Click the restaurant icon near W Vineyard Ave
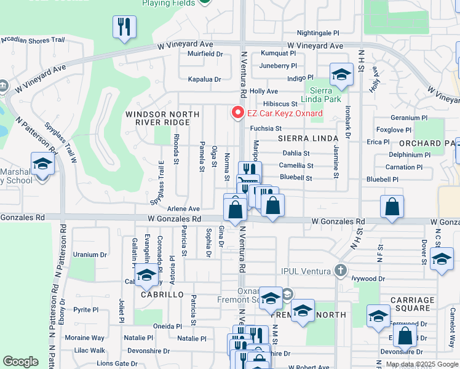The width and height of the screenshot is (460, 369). [x=124, y=26]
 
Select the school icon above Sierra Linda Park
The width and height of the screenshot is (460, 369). [x=341, y=75]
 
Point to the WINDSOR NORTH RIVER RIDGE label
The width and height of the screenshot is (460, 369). [x=162, y=119]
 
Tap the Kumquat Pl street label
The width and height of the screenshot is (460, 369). [x=279, y=54]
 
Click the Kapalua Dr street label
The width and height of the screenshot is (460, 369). [x=204, y=79]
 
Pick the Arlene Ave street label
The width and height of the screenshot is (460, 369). [x=184, y=209]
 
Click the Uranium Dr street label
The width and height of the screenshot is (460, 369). [x=90, y=254]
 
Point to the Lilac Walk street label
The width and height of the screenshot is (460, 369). [x=89, y=350]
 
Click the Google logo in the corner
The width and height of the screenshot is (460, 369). [x=20, y=362]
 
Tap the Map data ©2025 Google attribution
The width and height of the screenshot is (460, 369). [x=421, y=364]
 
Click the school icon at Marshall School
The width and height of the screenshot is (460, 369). [x=42, y=164]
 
